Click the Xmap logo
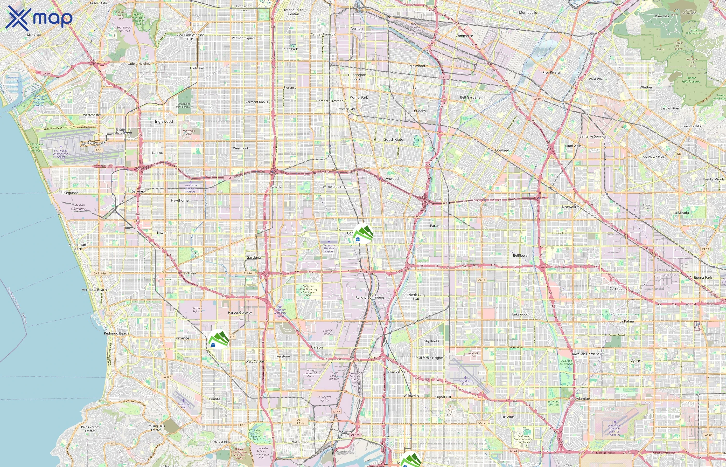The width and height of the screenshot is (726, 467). [39, 18]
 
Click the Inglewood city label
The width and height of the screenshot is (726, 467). [164, 122]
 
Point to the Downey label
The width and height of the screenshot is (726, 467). [502, 150]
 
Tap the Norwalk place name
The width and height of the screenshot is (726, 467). [569, 207]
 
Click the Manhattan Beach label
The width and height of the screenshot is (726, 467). [77, 247]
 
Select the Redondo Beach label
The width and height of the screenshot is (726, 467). [116, 333]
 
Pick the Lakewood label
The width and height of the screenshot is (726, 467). [520, 314]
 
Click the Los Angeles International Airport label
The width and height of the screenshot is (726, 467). [61, 153]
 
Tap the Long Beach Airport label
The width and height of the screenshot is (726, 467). [465, 382]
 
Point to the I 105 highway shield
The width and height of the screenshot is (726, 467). [228, 178]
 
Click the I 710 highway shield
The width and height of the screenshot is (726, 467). [444, 77]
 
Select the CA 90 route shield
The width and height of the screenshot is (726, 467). [46, 73]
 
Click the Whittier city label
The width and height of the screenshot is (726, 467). [646, 87]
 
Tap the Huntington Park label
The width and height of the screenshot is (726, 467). [357, 77]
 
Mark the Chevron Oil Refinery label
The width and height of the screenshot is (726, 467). [79, 207]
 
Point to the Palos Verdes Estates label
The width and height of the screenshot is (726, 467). [90, 429]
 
